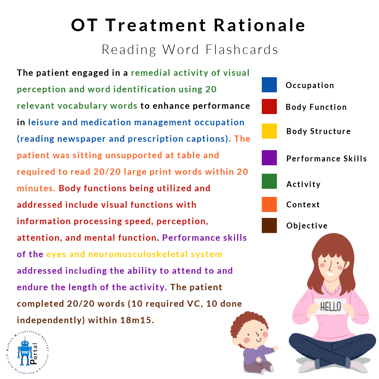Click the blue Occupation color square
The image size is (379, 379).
[269, 85]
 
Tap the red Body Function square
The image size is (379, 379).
[269, 106]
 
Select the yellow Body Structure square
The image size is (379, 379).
[269, 131]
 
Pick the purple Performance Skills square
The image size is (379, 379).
[269, 158]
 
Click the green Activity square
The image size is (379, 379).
[269, 181]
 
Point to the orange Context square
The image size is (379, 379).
[269, 205]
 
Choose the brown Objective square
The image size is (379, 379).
[269, 226]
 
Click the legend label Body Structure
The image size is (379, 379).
[318, 131]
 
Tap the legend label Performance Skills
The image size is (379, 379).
[327, 159]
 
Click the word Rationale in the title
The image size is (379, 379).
[260, 25]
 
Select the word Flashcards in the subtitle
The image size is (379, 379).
[242, 49]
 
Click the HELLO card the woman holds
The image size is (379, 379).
[331, 306]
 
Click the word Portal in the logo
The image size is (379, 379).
[34, 353]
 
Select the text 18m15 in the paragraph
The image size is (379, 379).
[137, 320]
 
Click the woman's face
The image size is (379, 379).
[332, 266]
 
